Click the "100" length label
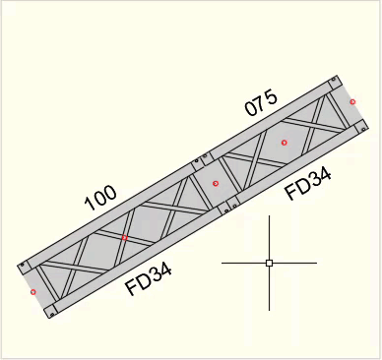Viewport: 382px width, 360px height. (x=100, y=199)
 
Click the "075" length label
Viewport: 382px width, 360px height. (x=261, y=103)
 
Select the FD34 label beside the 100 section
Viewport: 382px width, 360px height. (x=149, y=279)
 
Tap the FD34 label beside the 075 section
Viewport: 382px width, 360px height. (x=308, y=184)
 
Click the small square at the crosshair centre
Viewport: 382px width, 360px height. (x=269, y=263)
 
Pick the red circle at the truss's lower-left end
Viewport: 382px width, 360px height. (x=33, y=292)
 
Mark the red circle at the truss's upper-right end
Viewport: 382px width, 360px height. (x=352, y=102)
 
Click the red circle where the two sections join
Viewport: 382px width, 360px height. (x=216, y=184)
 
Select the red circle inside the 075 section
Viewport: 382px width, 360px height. (x=285, y=143)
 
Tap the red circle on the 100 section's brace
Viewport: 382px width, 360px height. (x=124, y=238)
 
